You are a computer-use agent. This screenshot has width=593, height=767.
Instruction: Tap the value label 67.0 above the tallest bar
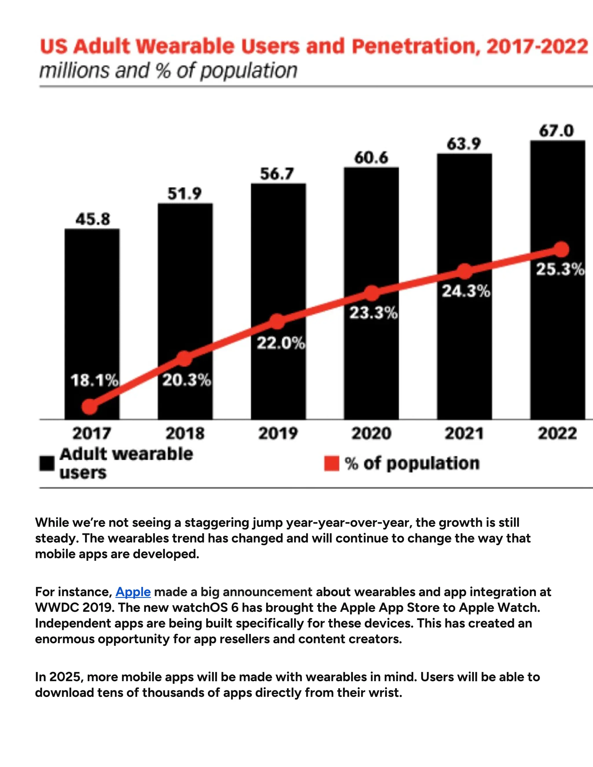coord(557,131)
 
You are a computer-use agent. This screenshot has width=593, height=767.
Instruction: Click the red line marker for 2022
coord(561,249)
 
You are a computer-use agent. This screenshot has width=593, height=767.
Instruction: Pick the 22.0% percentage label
coord(280,343)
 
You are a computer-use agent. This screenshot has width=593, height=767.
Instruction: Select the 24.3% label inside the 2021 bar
coord(466,291)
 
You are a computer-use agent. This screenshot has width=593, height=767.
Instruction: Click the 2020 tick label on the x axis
coord(371,433)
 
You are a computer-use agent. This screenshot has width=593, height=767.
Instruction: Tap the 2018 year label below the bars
coord(185,433)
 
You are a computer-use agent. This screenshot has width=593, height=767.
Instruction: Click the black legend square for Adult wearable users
coord(47,463)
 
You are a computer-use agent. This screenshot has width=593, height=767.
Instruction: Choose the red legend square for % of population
coord(331,463)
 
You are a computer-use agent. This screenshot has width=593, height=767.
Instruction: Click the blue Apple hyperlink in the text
coord(133,592)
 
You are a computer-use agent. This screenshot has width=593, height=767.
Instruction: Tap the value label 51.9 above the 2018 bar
coord(184,194)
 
